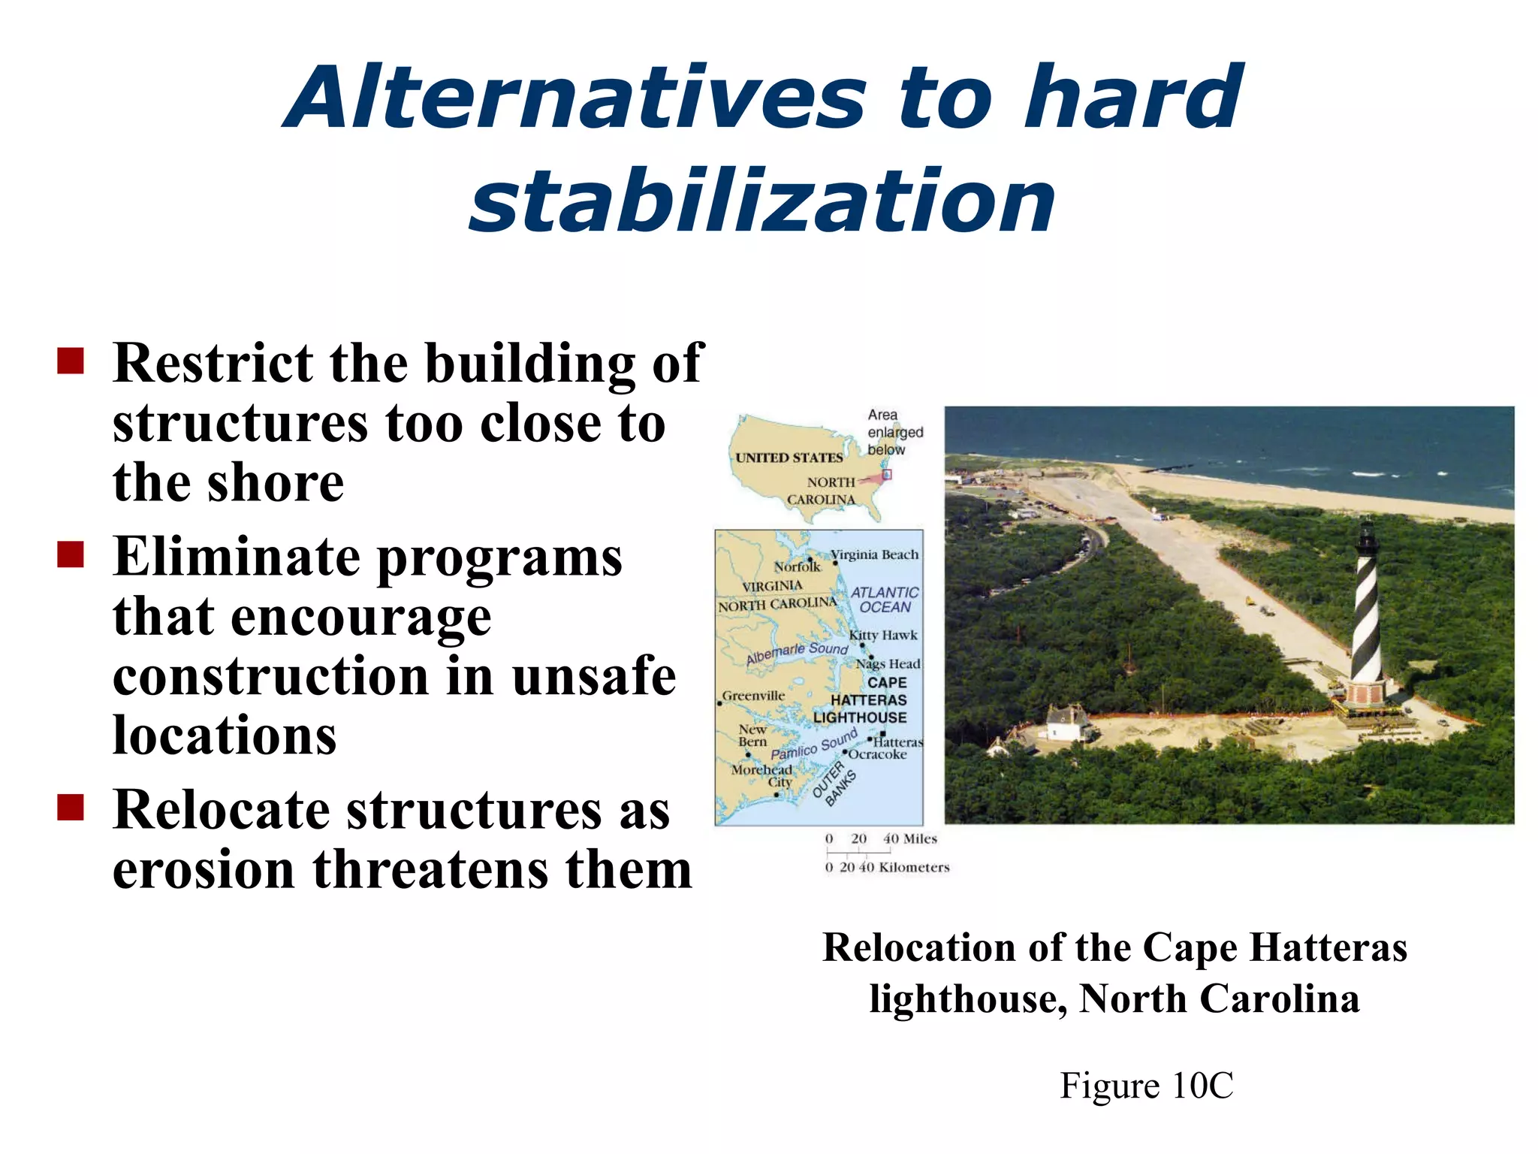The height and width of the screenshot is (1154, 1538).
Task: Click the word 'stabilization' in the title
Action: [x=761, y=201]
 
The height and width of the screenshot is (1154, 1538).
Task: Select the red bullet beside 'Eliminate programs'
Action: [x=71, y=555]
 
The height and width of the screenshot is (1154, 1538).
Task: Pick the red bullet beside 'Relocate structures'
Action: [x=71, y=808]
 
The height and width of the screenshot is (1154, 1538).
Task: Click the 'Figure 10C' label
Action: [x=1146, y=1086]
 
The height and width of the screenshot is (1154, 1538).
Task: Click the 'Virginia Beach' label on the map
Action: [x=875, y=554]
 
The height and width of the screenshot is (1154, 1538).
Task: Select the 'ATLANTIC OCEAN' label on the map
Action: [x=885, y=600]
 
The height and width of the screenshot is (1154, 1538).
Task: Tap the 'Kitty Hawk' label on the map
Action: [x=883, y=635]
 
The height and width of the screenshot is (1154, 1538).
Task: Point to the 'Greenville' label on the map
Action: [x=753, y=696]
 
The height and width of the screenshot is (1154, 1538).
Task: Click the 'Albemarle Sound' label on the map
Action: [x=797, y=652]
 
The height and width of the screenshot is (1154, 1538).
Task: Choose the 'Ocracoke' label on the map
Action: [x=877, y=754]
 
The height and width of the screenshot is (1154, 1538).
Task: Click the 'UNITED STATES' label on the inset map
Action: [x=789, y=458]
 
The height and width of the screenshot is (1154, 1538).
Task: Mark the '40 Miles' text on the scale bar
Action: [x=910, y=838]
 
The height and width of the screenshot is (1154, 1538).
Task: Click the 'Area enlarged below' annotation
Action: [x=894, y=432]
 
